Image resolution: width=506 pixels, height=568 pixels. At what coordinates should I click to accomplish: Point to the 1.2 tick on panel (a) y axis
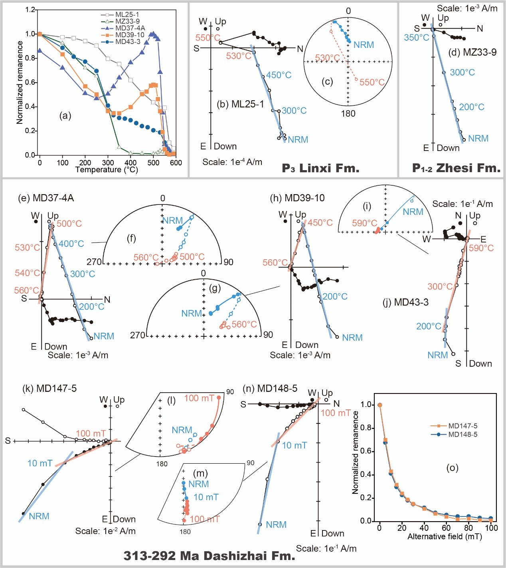[x=30, y=10]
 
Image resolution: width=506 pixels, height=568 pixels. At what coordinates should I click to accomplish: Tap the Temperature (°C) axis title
[x=107, y=170]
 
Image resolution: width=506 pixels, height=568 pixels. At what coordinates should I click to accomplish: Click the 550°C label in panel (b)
[x=208, y=38]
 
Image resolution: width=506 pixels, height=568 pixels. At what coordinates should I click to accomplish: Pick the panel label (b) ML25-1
[x=240, y=104]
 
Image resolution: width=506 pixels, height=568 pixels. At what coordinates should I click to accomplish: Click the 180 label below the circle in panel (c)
[x=348, y=114]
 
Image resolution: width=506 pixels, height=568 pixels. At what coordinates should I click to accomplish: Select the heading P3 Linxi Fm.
[x=320, y=168]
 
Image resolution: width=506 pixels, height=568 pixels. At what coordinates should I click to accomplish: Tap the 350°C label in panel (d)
[x=417, y=38]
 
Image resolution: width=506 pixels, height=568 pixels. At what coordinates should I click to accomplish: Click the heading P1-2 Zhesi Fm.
[x=456, y=168]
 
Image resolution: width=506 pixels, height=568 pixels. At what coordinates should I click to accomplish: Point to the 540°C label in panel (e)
[x=28, y=273]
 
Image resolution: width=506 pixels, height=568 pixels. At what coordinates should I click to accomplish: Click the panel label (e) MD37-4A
[x=46, y=198]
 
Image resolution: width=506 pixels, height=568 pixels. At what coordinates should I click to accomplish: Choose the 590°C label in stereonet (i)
[x=364, y=223]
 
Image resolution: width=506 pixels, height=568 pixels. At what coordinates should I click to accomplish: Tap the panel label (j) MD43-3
[x=405, y=302]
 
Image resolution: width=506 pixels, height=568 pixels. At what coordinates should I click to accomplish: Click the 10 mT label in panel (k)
[x=40, y=463]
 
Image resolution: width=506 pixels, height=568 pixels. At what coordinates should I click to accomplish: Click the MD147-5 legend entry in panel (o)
[x=463, y=426]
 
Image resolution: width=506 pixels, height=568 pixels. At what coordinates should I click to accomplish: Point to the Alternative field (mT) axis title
[x=445, y=537]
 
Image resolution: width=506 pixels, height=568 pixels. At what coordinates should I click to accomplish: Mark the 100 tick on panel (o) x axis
[x=491, y=528]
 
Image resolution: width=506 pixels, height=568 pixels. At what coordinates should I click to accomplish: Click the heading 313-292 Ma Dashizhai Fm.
[x=209, y=556]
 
